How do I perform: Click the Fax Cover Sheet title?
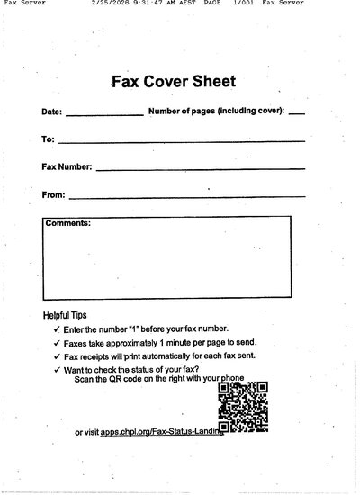[x=173, y=82]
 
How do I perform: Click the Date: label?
[x=51, y=113]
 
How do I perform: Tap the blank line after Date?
[x=103, y=115]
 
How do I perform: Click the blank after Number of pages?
[x=297, y=115]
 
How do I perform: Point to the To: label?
[x=48, y=140]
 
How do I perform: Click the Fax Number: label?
[x=67, y=167]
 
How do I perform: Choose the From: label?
[x=53, y=194]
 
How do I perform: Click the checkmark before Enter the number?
[x=57, y=329]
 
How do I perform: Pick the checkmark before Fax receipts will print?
[x=57, y=356]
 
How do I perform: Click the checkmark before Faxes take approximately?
[x=57, y=343]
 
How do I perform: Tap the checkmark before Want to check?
[x=57, y=370]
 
